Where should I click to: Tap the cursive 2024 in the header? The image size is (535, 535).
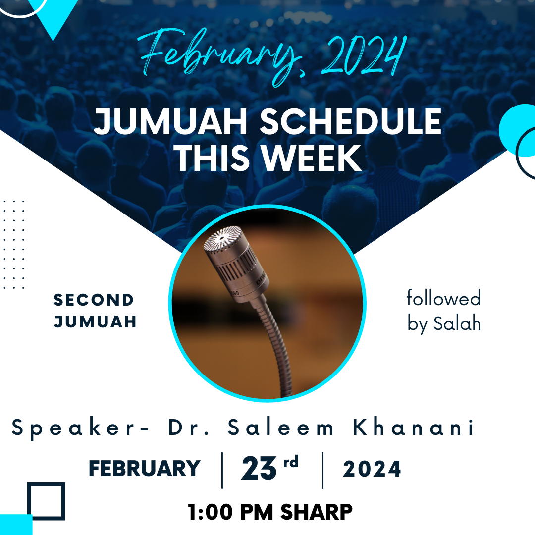[364, 54]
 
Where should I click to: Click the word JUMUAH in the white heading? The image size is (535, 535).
[170, 121]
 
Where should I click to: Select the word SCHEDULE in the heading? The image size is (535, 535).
[351, 121]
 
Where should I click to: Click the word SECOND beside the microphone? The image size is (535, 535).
[94, 300]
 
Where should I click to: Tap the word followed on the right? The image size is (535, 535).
[443, 298]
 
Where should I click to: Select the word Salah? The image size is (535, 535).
[457, 323]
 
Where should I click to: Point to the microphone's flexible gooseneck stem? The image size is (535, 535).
[277, 345]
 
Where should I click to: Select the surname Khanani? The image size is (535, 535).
[413, 427]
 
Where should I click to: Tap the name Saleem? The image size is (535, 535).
[280, 427]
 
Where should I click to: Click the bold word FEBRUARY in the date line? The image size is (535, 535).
[144, 468]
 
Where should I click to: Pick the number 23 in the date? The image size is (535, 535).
[259, 468]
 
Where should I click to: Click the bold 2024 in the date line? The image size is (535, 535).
[372, 469]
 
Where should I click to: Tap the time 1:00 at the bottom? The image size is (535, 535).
[210, 512]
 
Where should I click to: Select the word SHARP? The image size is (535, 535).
[316, 512]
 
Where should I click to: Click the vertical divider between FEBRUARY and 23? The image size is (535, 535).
[222, 470]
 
